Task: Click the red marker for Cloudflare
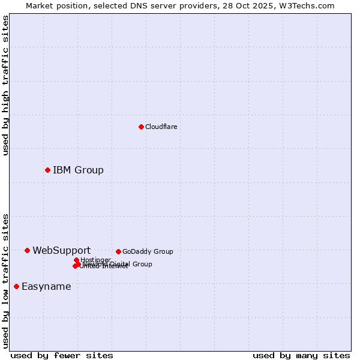141,127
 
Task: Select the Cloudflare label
161,127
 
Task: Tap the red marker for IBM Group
47,170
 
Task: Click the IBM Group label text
78,170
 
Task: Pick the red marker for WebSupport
27,250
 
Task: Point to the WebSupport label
61,250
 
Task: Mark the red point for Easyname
16,286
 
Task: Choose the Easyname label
46,286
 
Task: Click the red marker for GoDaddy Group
118,251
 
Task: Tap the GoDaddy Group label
148,251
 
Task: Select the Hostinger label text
95,260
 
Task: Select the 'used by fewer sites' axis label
62,355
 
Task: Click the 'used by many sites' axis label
301,355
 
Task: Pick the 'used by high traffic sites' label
5,85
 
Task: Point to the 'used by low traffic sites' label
5,280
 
